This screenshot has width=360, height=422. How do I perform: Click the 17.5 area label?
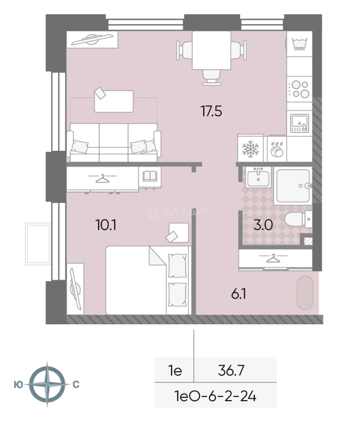pyautogui.click(x=211, y=111)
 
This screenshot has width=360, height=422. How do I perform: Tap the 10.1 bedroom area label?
pyautogui.click(x=106, y=225)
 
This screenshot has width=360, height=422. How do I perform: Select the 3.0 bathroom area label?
pyautogui.click(x=263, y=225)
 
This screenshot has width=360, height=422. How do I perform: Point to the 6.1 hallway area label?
pyautogui.click(x=239, y=294)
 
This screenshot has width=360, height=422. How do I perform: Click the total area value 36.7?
pyautogui.click(x=231, y=370)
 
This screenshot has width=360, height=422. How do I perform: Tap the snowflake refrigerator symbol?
pyautogui.click(x=250, y=149)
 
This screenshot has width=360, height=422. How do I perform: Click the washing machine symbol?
pyautogui.click(x=299, y=44)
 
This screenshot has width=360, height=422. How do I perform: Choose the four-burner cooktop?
pyautogui.click(x=299, y=89)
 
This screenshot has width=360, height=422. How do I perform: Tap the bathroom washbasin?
pyautogui.click(x=258, y=177)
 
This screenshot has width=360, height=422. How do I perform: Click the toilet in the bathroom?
pyautogui.click(x=298, y=219)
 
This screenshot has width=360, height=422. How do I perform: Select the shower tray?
pyautogui.click(x=293, y=186)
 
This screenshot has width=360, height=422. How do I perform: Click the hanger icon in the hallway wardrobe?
pyautogui.click(x=273, y=258)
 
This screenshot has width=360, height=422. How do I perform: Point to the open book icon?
pyautogui.click(x=150, y=176)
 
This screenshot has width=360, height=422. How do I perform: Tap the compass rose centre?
pyautogui.click(x=47, y=384)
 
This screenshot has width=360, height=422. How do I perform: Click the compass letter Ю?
pyautogui.click(x=18, y=385)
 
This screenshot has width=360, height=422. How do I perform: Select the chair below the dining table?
pyautogui.click(x=212, y=77)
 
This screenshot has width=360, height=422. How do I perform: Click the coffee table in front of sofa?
pyautogui.click(x=114, y=102)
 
